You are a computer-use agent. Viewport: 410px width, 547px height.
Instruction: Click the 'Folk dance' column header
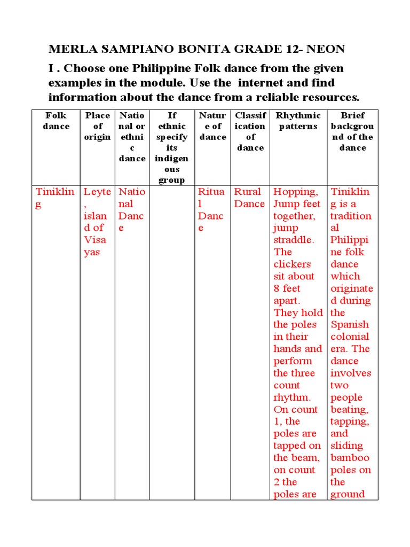tap(56, 121)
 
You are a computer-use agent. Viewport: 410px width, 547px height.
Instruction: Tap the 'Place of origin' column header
tap(98, 126)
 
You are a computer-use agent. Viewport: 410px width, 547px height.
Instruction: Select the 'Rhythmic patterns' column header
tap(298, 121)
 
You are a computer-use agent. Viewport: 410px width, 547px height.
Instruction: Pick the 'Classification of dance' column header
tap(250, 131)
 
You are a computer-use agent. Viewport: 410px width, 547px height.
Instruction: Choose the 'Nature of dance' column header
tap(212, 126)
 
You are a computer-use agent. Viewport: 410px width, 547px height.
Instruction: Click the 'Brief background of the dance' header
tap(352, 131)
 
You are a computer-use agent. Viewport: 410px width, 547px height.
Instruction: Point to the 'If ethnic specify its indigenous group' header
tap(171, 147)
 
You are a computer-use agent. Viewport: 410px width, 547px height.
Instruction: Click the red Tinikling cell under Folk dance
tap(55, 198)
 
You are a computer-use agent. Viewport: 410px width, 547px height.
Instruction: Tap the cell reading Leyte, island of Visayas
tap(97, 221)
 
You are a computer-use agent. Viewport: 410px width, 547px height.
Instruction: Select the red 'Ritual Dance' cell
tap(212, 209)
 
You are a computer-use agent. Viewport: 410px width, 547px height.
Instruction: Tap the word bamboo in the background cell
tap(350, 458)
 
